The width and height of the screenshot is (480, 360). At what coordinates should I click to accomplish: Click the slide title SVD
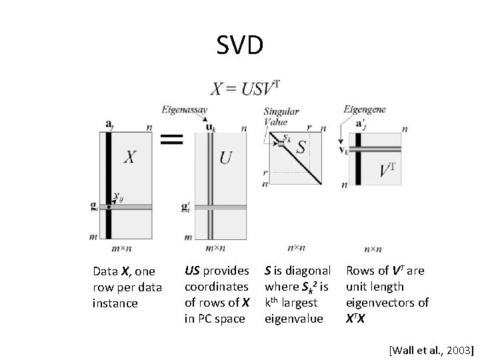click(x=240, y=45)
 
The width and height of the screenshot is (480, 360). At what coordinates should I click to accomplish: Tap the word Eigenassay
click(x=184, y=109)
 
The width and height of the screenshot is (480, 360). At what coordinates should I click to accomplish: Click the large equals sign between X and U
click(x=172, y=139)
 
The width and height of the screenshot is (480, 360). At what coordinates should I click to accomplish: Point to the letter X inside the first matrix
click(x=131, y=157)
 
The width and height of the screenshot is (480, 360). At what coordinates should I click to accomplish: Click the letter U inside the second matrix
click(x=225, y=158)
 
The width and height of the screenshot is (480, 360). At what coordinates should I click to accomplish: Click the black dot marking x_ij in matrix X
click(x=108, y=207)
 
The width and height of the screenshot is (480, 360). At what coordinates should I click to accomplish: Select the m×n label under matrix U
click(x=215, y=248)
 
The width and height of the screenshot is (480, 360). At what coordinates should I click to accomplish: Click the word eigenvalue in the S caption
click(x=294, y=319)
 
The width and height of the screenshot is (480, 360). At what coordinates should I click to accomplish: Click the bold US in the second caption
click(x=191, y=271)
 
